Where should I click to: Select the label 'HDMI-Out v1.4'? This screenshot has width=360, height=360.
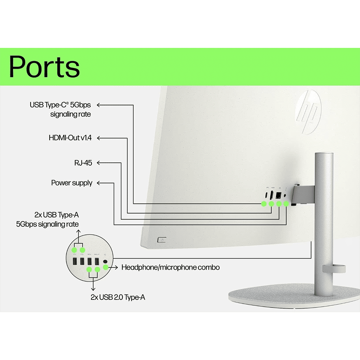[x=70, y=138]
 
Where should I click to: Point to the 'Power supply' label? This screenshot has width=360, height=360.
[x=72, y=183]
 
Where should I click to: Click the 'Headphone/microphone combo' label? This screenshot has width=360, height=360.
[x=171, y=267]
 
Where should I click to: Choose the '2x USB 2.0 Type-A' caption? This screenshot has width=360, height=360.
[x=118, y=297]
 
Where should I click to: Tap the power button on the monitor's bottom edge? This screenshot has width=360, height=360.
[x=162, y=240]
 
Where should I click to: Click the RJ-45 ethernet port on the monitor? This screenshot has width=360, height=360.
[x=279, y=195]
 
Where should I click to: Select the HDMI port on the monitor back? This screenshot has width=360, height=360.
[x=273, y=195]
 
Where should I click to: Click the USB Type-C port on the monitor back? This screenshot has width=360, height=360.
[x=265, y=195]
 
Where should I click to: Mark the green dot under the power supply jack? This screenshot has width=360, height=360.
[x=286, y=204]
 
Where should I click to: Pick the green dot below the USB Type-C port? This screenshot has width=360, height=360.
[x=264, y=204]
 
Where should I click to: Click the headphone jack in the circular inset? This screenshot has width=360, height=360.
[x=105, y=260]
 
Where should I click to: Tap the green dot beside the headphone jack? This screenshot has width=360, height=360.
[x=105, y=267]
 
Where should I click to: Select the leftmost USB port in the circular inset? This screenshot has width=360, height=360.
[x=75, y=260]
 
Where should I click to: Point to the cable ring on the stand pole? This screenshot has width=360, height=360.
[x=334, y=268]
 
